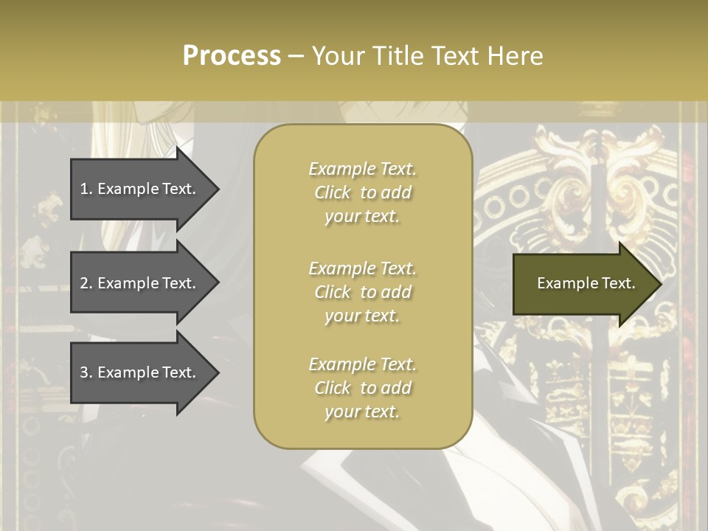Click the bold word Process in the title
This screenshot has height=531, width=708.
click(232, 56)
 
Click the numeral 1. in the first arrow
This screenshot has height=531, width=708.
click(86, 189)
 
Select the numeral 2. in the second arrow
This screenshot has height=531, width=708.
click(86, 283)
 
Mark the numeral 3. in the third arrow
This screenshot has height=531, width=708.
click(86, 372)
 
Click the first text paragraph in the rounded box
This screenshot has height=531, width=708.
click(362, 192)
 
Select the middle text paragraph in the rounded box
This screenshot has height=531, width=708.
click(362, 292)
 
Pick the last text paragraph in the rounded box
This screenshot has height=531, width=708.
click(362, 388)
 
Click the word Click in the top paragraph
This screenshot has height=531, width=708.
click(333, 193)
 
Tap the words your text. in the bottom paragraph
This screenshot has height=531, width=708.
click(362, 412)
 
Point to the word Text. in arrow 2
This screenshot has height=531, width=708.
click(177, 283)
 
